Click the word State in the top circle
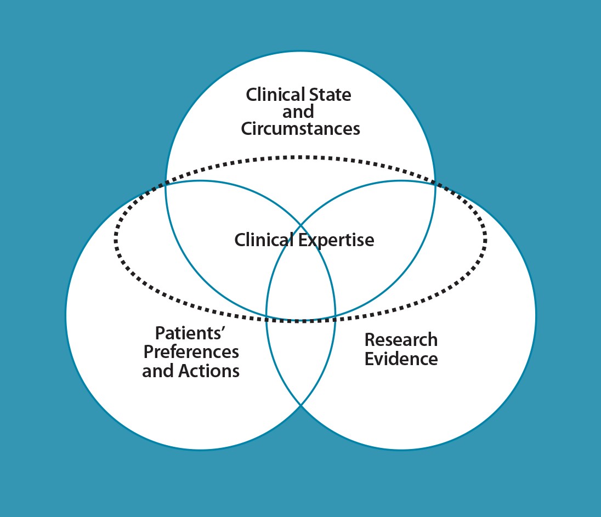click(328, 94)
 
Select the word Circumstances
click(300, 129)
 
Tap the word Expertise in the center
click(337, 240)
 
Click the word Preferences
click(190, 352)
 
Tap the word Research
click(401, 340)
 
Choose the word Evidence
click(401, 359)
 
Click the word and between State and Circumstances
click(298, 112)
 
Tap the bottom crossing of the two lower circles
click(300, 406)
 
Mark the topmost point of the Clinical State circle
click(300, 52)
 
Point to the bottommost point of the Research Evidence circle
click(401, 450)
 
